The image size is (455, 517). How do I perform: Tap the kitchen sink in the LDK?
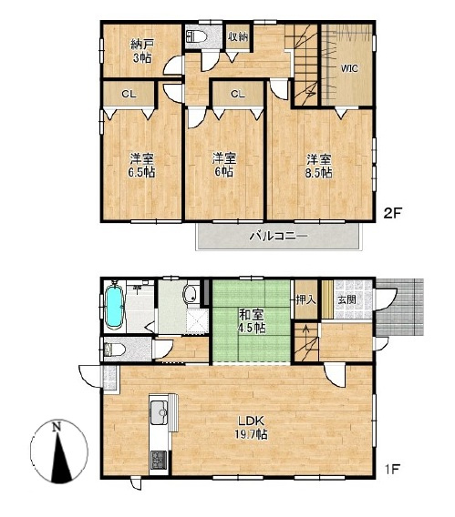click(160, 412)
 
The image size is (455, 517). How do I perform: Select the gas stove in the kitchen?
click(160, 460)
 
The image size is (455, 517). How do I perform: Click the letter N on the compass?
click(57, 427)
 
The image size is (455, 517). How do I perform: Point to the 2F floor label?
click(392, 213)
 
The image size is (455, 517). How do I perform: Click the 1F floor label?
click(391, 469)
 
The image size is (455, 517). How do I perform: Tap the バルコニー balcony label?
click(278, 236)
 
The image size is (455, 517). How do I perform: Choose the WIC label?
click(349, 68)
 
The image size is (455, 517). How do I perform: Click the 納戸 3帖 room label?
click(142, 51)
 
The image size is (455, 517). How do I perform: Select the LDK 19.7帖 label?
click(252, 427)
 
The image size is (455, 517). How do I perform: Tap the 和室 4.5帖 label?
click(252, 321)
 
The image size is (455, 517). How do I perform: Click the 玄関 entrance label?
click(346, 299)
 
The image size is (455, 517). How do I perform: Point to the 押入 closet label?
click(306, 299)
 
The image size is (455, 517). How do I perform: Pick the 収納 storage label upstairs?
click(238, 36)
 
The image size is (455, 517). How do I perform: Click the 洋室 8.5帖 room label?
click(318, 167)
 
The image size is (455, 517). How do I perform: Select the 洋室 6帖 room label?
click(224, 165)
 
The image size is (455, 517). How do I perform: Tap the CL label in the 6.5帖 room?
click(129, 95)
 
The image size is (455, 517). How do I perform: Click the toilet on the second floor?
click(196, 35)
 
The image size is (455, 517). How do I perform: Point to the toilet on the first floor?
click(114, 350)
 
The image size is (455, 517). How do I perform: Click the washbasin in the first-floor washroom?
click(191, 293)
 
